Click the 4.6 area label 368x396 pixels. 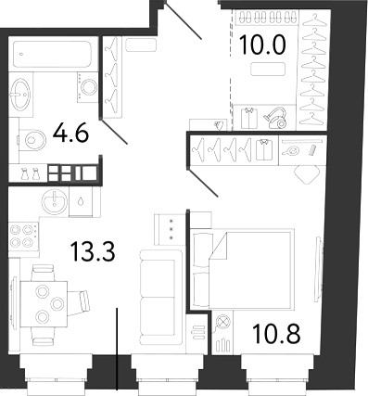[x=70, y=134]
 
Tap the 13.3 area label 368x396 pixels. [x=93, y=251]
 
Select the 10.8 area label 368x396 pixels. [x=276, y=333]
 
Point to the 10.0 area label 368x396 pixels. [x=262, y=45]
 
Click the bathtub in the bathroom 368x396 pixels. [x=52, y=54]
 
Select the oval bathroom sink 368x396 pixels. [x=20, y=94]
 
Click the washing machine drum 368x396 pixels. [x=89, y=87]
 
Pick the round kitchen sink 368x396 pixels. [x=55, y=201]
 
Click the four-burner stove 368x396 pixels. [x=24, y=236]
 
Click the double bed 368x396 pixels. [x=242, y=269]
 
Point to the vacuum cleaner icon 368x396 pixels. [x=275, y=118]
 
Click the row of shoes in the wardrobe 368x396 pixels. [x=267, y=17]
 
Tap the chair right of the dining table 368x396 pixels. [x=79, y=303]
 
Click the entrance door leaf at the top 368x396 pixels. [x=184, y=20]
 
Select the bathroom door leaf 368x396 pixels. [x=114, y=132]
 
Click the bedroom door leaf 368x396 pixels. [x=204, y=183]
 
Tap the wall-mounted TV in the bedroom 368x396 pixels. [x=319, y=269]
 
